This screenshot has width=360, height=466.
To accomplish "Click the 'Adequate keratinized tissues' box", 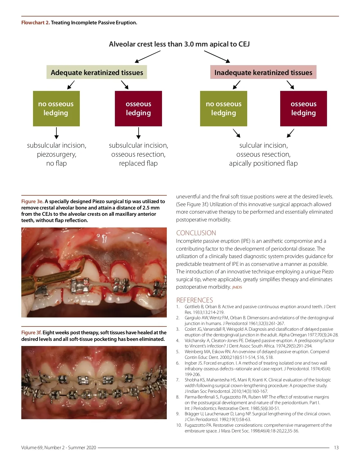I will pos(97,72).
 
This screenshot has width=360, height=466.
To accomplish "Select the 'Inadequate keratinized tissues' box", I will pos(263,72).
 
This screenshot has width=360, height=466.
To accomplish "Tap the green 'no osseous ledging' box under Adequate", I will pos(56,108).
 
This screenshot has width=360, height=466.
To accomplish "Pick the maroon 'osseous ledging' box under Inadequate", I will pos(303,108).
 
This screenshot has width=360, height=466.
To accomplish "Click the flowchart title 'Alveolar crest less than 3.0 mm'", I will pos(179,44).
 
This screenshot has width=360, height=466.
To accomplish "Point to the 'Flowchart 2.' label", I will pos(35,23).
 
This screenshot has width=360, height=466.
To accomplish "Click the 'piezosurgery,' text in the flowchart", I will pos(57,154).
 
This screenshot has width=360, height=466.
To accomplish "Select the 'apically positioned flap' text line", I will pos(263,163).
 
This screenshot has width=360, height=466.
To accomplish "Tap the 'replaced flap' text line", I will pos(138,163).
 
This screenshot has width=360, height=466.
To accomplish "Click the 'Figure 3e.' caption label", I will pos(32,201).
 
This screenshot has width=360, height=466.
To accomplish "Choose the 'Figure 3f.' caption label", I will pos(31,332).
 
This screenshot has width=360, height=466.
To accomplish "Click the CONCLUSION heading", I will pos(196,233).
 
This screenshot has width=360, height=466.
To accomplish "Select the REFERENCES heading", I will pos(194,300).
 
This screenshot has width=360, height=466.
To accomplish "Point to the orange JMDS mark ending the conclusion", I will pos(237,287).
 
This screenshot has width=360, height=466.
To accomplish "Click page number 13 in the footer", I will pos(336,447).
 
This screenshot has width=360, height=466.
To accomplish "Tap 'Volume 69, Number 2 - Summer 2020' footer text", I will pos(58,447).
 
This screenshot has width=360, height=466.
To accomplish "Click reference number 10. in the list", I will pos(179,425).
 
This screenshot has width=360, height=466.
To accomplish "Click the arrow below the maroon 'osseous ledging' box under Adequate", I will pos(138,133).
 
